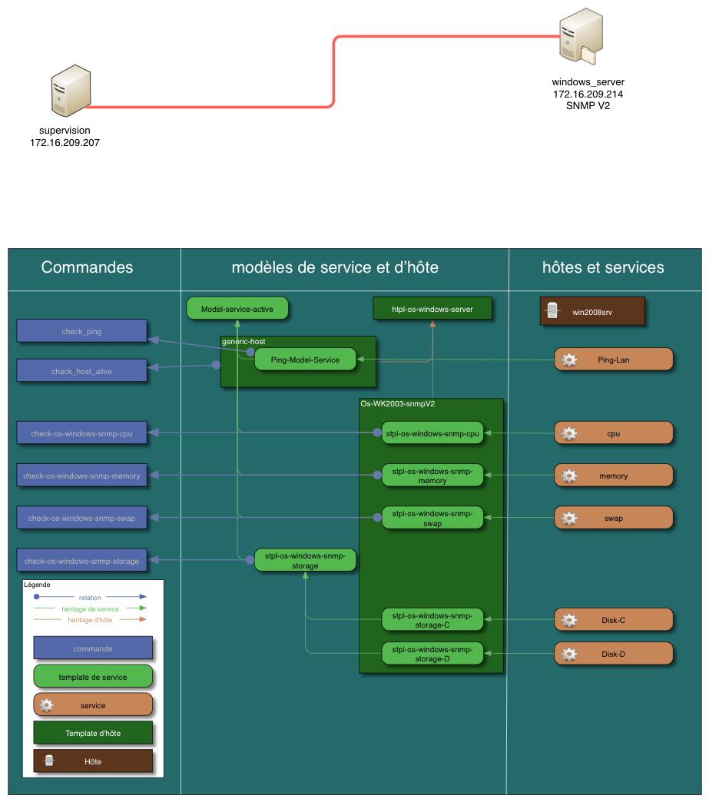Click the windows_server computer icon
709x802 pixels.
pos(579,37)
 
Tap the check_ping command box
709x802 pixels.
pos(81,331)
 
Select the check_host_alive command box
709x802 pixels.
pos(81,371)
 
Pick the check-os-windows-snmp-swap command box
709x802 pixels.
pos(81,518)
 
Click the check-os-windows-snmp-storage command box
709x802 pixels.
pos(81,561)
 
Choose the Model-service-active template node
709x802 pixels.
pos(237,309)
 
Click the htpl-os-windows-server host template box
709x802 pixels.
pos(432,309)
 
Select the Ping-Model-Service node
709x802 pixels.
pos(305,360)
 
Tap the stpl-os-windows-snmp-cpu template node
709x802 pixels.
pos(432,433)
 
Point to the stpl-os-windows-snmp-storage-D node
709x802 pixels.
pos(432,654)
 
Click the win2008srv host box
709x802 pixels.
pos(591,312)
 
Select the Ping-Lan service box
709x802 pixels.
pos(613,360)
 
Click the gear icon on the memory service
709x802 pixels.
pos(569,476)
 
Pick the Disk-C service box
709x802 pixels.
pos(613,619)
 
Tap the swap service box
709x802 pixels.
pos(613,518)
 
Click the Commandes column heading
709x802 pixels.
pos(87,267)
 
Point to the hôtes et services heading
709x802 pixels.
pos(603,267)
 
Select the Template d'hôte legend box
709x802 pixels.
pos(93,733)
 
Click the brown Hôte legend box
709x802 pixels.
pos(93,761)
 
